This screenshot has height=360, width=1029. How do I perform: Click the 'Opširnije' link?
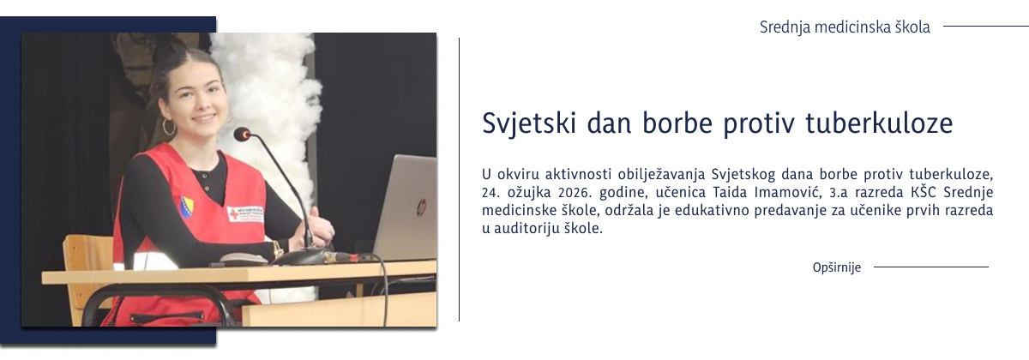click(836, 267)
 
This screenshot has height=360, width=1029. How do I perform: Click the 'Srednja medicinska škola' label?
click(845, 27)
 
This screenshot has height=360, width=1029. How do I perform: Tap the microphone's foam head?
click(242, 135)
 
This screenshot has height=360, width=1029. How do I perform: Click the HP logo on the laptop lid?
click(420, 207)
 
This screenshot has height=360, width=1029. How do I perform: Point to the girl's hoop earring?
click(168, 127)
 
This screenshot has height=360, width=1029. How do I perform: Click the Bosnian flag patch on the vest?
click(187, 207)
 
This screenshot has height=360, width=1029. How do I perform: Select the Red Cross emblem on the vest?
click(234, 213)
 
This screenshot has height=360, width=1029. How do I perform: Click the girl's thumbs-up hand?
click(321, 225)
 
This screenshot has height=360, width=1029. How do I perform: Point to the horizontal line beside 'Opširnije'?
click(930, 267)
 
